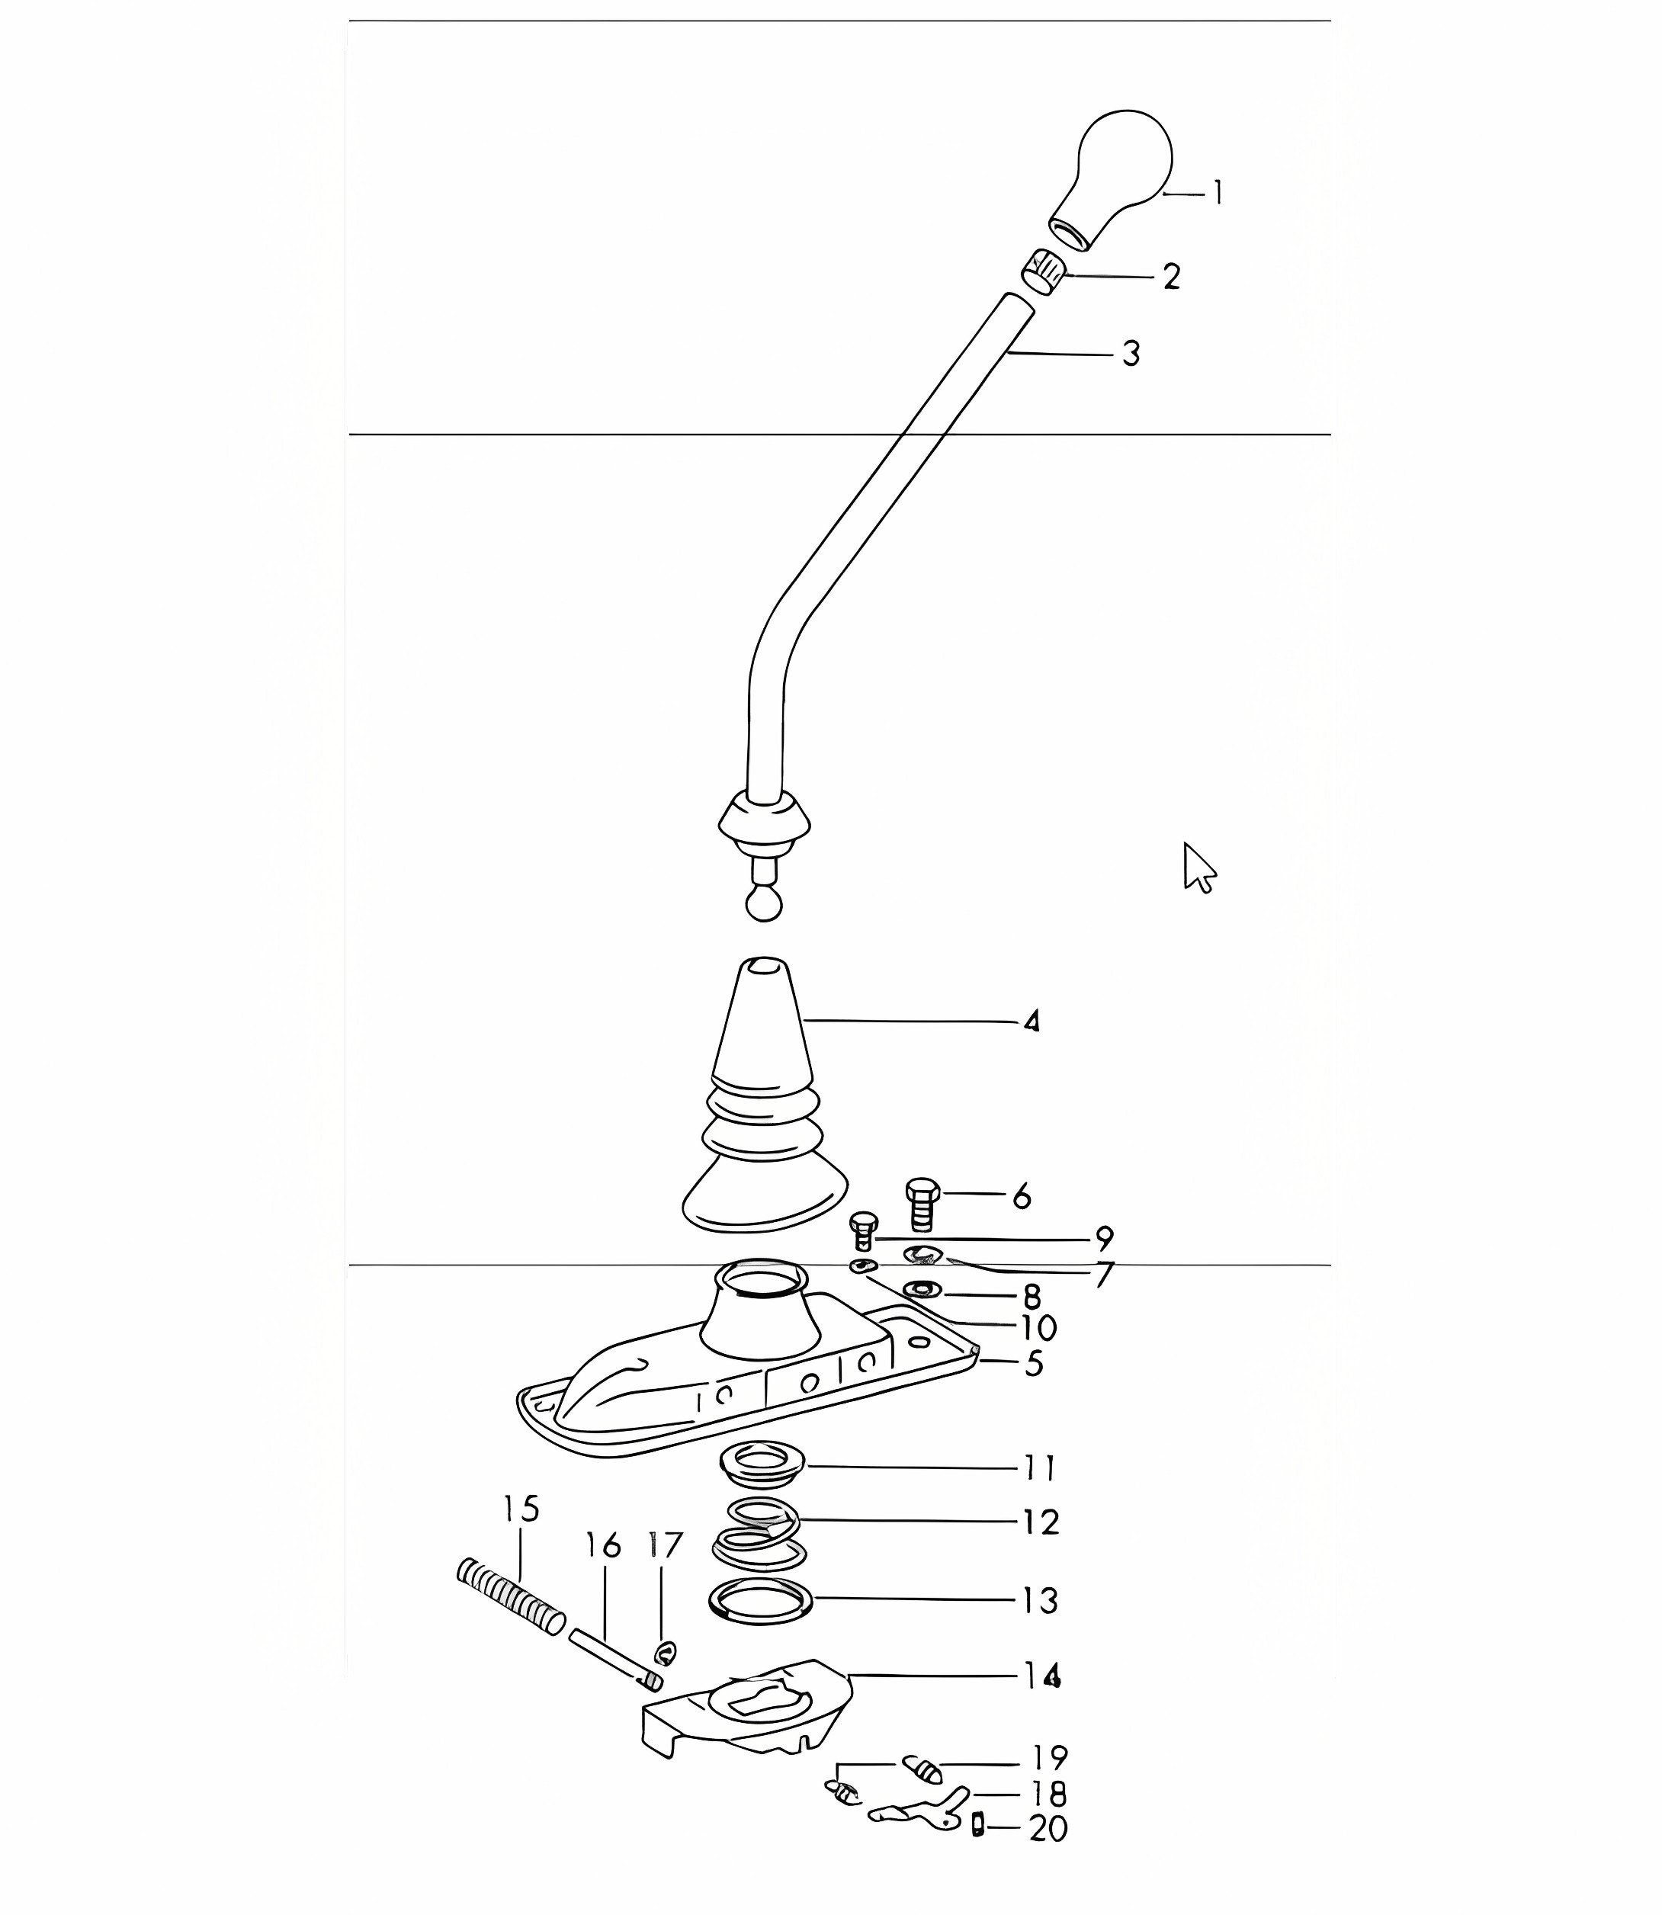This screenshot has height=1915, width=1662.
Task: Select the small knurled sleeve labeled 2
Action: (x=1044, y=271)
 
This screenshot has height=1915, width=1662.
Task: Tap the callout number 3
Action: (x=1131, y=353)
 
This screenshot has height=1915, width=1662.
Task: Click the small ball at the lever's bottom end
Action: (x=764, y=903)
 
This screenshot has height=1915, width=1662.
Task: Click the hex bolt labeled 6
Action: (x=922, y=1204)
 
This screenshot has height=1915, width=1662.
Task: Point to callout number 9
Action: (x=1104, y=1238)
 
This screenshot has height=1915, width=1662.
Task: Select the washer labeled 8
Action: (x=922, y=1289)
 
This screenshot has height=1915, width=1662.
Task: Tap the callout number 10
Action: (x=1038, y=1329)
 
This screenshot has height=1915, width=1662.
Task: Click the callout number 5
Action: (x=1033, y=1364)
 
